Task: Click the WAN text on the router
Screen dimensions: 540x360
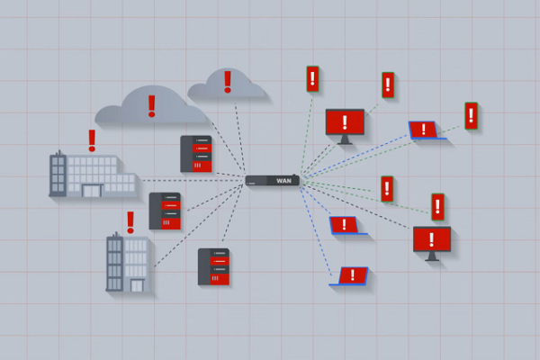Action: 283,181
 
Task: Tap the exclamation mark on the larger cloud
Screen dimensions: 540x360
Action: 151,106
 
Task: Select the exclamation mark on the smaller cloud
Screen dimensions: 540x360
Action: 228,82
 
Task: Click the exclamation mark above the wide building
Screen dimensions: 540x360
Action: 92,140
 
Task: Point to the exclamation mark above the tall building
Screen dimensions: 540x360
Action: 130,222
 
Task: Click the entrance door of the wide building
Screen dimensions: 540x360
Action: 92,191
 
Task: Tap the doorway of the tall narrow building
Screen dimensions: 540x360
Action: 137,285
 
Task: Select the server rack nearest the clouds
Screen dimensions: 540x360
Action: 196,154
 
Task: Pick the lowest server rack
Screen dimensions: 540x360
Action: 213,267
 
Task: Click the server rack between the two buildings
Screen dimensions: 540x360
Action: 165,211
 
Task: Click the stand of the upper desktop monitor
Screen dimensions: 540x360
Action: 345,139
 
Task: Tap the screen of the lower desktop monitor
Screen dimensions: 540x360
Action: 432,239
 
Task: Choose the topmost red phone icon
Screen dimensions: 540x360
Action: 312,79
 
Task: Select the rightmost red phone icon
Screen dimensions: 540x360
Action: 471,116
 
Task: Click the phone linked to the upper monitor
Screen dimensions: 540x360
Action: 388,85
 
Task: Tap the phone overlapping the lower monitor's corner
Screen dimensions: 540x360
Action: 437,207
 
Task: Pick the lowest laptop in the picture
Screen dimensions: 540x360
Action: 349,276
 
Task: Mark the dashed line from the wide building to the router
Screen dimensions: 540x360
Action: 193,180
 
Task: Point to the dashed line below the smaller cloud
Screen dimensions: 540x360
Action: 240,138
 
